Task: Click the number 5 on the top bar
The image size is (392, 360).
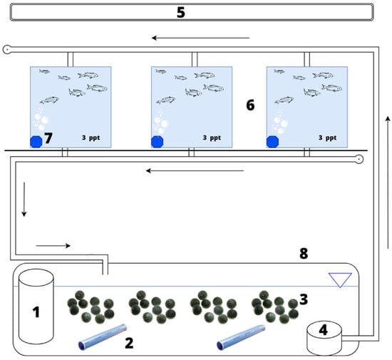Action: [181, 12]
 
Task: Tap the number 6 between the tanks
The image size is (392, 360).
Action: [250, 105]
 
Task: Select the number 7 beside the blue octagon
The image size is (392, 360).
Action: [48, 138]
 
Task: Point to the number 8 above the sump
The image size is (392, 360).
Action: [304, 253]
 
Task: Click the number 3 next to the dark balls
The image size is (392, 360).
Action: [304, 299]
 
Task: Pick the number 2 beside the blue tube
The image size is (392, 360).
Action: [129, 343]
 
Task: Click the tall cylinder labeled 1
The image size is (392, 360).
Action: [36, 307]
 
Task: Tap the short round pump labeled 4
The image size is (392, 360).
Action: [324, 338]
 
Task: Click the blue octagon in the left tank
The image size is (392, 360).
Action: [36, 142]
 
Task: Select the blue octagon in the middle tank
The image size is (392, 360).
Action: [158, 142]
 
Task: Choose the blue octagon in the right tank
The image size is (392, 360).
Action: [272, 142]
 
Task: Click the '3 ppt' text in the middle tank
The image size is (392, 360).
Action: [212, 138]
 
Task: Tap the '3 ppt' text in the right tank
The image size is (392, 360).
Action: [328, 138]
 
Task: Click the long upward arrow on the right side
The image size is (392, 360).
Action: [388, 182]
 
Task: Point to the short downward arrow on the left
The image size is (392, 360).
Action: [24, 200]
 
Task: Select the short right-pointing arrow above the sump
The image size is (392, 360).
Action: [53, 246]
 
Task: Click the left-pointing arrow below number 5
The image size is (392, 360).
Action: [201, 38]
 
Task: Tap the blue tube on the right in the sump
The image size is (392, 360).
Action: [241, 337]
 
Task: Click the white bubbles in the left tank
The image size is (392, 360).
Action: [41, 120]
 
